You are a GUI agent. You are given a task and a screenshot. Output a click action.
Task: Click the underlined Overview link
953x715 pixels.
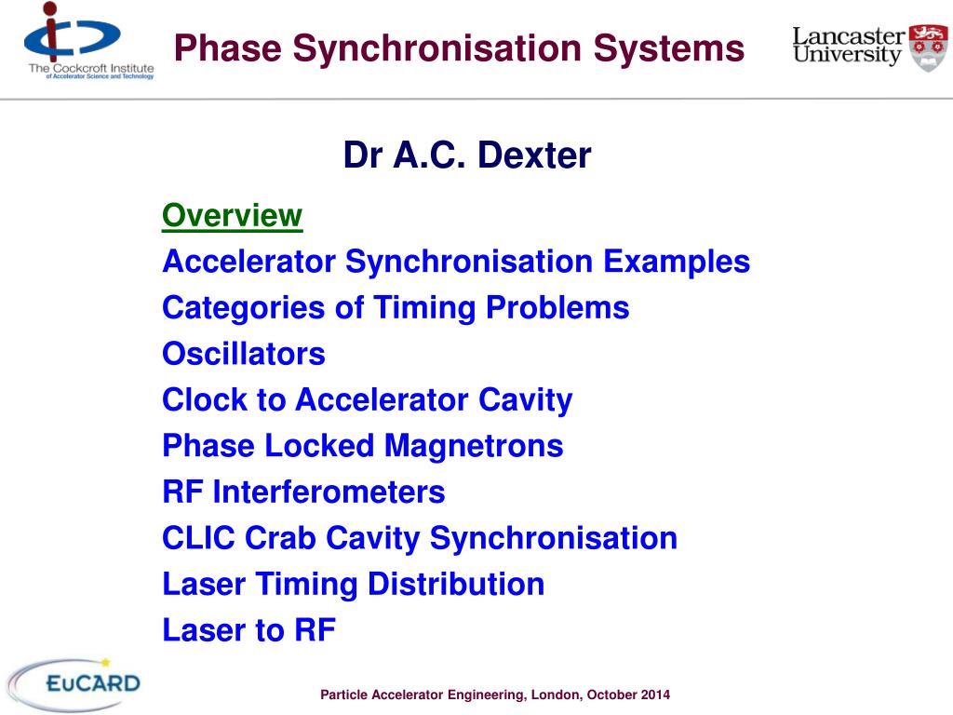(232, 216)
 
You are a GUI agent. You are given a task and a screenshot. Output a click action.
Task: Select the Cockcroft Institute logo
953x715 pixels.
(88, 41)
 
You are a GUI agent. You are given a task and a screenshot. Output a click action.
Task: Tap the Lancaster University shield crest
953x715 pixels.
(928, 47)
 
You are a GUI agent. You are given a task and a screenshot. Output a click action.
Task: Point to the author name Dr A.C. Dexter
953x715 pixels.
(467, 155)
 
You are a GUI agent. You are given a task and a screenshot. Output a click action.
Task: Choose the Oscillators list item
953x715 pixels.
(244, 354)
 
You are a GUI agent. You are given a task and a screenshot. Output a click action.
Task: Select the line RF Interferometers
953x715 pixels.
(303, 492)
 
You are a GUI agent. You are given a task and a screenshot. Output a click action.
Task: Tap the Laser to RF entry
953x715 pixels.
(248, 630)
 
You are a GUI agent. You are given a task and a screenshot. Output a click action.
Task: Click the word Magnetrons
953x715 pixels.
(474, 446)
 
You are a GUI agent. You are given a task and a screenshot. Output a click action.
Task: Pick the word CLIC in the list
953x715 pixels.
(198, 538)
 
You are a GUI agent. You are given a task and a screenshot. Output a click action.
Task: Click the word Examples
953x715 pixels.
(677, 262)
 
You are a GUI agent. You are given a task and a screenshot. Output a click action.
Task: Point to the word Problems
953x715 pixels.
(557, 307)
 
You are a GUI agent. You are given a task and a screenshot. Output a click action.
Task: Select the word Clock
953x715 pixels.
(205, 400)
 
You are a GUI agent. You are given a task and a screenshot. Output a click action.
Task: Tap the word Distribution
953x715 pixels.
(456, 585)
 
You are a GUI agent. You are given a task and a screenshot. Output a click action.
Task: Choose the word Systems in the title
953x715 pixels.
(669, 48)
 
